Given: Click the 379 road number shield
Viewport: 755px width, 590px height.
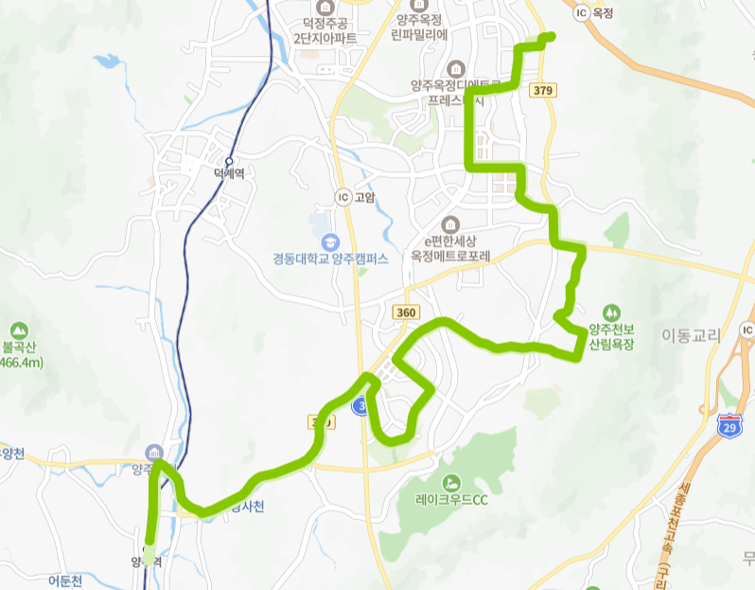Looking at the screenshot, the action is pos(542,90).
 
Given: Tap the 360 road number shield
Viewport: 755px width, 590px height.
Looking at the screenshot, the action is pos(406,313).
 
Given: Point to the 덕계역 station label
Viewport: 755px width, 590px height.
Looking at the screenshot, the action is pos(229,173).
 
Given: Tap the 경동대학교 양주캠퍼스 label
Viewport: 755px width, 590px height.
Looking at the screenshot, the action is pos(330,258).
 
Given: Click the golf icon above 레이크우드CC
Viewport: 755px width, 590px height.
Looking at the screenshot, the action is pos(450,481).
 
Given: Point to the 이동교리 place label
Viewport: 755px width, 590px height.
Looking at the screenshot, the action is pos(691,335).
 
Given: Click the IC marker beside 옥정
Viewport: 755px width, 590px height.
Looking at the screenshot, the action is pos(582,13).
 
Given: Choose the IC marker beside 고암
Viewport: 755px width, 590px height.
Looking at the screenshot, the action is pos(342,197).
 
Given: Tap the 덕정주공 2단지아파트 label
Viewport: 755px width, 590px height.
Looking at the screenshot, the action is pos(325,31).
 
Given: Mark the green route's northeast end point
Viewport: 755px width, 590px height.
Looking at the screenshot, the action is pos(549,36).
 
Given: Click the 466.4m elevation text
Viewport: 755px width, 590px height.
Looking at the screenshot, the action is pos(19,364).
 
